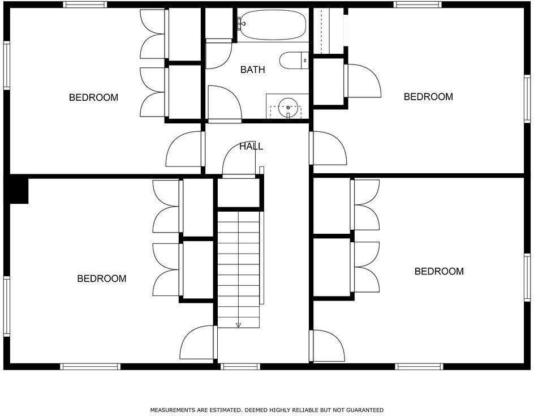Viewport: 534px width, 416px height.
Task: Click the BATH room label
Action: [x=252, y=70]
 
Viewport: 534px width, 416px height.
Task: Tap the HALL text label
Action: [x=251, y=146]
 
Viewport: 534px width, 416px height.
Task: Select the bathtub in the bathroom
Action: [x=272, y=25]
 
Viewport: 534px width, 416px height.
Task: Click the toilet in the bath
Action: [x=294, y=59]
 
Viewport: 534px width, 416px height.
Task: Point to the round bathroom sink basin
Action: [x=288, y=106]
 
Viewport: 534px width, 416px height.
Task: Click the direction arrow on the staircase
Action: [x=238, y=325]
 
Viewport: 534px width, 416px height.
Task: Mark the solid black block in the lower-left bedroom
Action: [x=19, y=190]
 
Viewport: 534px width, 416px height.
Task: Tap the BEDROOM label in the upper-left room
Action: [x=93, y=97]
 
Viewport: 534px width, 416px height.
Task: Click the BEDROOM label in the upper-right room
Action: [x=428, y=97]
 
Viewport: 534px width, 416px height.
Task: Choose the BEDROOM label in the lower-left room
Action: [x=102, y=278]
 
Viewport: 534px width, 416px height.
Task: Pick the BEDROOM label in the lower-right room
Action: [x=439, y=271]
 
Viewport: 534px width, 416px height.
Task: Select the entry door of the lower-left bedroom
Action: [x=198, y=343]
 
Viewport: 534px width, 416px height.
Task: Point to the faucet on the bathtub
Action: [x=240, y=23]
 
